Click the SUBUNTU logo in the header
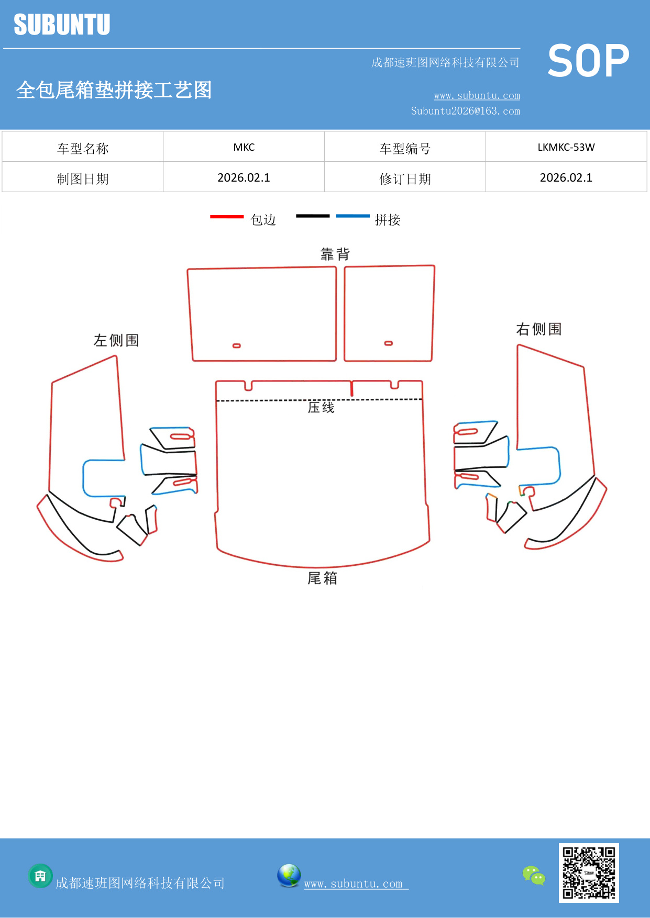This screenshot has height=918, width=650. click(x=62, y=25)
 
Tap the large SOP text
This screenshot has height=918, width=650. click(x=588, y=61)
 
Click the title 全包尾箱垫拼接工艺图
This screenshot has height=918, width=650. click(x=114, y=90)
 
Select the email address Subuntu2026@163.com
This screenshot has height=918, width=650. click(x=465, y=111)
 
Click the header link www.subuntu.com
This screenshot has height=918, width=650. click(x=477, y=96)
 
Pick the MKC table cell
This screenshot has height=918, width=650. click(x=244, y=147)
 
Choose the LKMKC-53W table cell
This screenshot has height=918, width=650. click(x=566, y=147)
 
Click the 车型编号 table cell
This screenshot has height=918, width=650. click(x=405, y=149)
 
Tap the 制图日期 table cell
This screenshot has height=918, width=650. click(x=83, y=179)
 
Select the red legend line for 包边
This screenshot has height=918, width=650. click(x=227, y=216)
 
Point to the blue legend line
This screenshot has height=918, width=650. click(x=352, y=216)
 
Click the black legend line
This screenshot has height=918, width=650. click(x=313, y=216)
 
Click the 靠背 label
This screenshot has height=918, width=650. click(x=335, y=254)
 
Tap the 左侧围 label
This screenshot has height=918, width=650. click(x=116, y=340)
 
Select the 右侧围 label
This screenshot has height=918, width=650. click(x=539, y=329)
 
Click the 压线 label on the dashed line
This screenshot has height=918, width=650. click(x=321, y=407)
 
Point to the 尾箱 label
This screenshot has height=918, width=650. click(x=322, y=578)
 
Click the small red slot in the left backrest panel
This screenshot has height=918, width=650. click(x=237, y=346)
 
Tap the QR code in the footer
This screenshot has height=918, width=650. click(x=589, y=873)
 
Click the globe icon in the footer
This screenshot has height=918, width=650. click(x=289, y=876)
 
